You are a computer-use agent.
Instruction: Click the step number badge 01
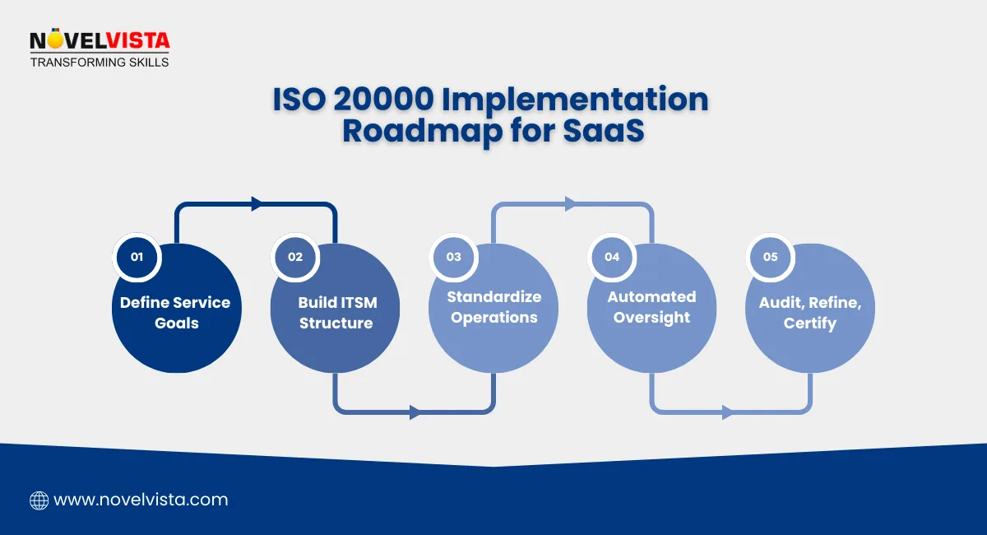(137, 257)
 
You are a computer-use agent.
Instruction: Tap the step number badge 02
(295, 257)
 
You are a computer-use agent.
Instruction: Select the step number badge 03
(454, 257)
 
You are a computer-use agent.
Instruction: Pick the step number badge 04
(612, 257)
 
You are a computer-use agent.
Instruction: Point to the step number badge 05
(771, 257)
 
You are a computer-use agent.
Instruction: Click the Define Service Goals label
(176, 313)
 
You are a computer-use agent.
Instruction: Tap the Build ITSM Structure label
(336, 313)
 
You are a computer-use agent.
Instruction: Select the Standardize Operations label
(494, 307)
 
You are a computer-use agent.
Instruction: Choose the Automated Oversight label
(651, 307)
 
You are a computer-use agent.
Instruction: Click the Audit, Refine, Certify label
(810, 313)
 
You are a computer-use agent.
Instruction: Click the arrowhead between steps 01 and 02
(257, 204)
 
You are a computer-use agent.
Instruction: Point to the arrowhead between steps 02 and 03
(415, 412)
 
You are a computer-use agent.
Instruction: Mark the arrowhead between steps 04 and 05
(728, 412)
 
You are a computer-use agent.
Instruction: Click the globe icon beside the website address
(39, 500)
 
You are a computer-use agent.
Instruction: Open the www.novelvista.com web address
(141, 500)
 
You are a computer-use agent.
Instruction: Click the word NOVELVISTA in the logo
(100, 41)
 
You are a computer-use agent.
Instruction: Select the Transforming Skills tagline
(100, 62)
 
